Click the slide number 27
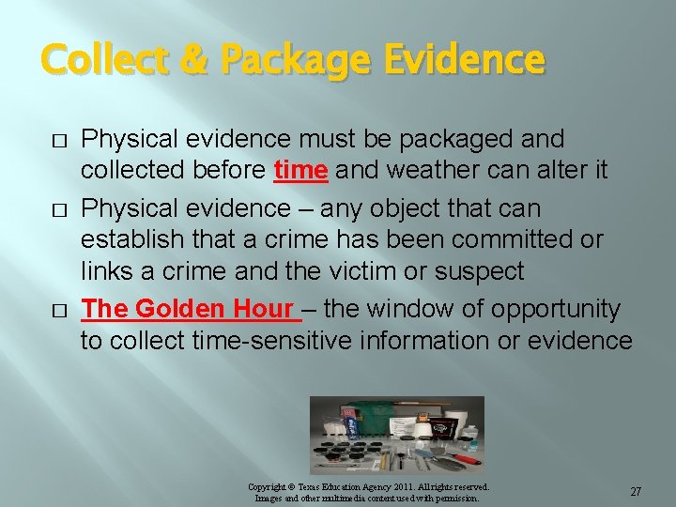pos(636,492)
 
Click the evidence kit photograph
pos(396,434)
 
